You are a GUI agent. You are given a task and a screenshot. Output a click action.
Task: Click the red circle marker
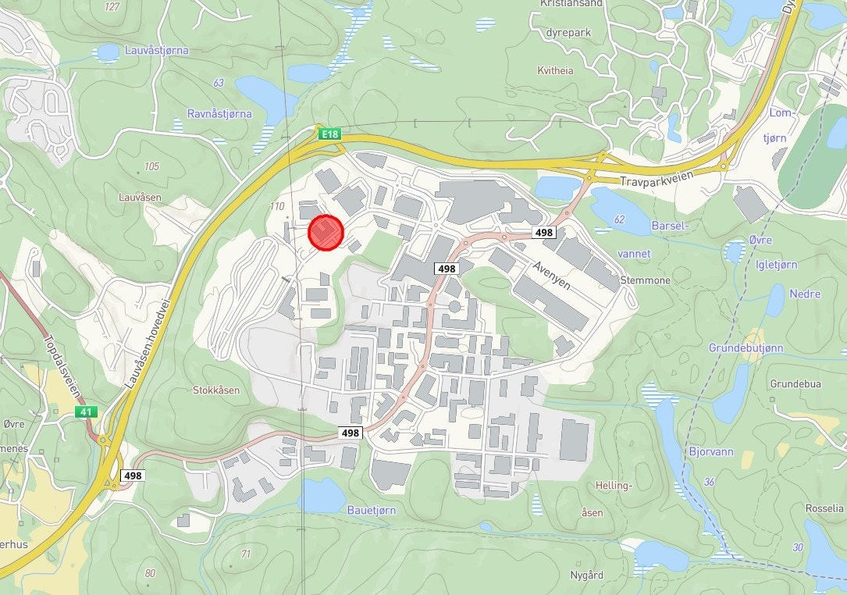(x=326, y=233)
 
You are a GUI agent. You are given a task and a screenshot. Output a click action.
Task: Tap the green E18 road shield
(x=330, y=134)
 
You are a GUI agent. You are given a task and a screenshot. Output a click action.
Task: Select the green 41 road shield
(x=84, y=411)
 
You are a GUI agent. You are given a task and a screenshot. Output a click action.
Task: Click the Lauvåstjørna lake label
(x=156, y=50)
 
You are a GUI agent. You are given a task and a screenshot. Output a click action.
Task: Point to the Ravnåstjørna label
(x=219, y=113)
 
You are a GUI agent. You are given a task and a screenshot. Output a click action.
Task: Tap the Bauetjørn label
(x=372, y=510)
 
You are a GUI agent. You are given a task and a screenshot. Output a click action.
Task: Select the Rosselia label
(x=824, y=508)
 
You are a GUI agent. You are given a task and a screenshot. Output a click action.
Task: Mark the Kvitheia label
(x=555, y=70)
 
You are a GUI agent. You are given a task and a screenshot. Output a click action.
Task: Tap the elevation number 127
(x=112, y=7)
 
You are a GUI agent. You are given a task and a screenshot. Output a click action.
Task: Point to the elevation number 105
(x=151, y=166)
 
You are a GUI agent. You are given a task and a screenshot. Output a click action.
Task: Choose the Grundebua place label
(x=795, y=384)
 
